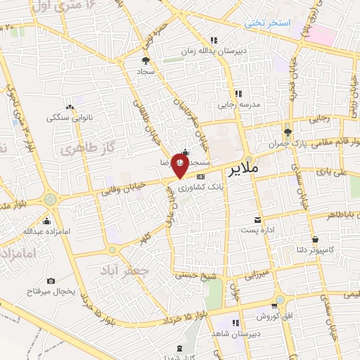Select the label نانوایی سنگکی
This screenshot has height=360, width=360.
(67, 117)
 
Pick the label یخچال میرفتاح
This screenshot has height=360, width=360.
(49, 290)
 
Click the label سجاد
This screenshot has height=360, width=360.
(146, 72)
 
